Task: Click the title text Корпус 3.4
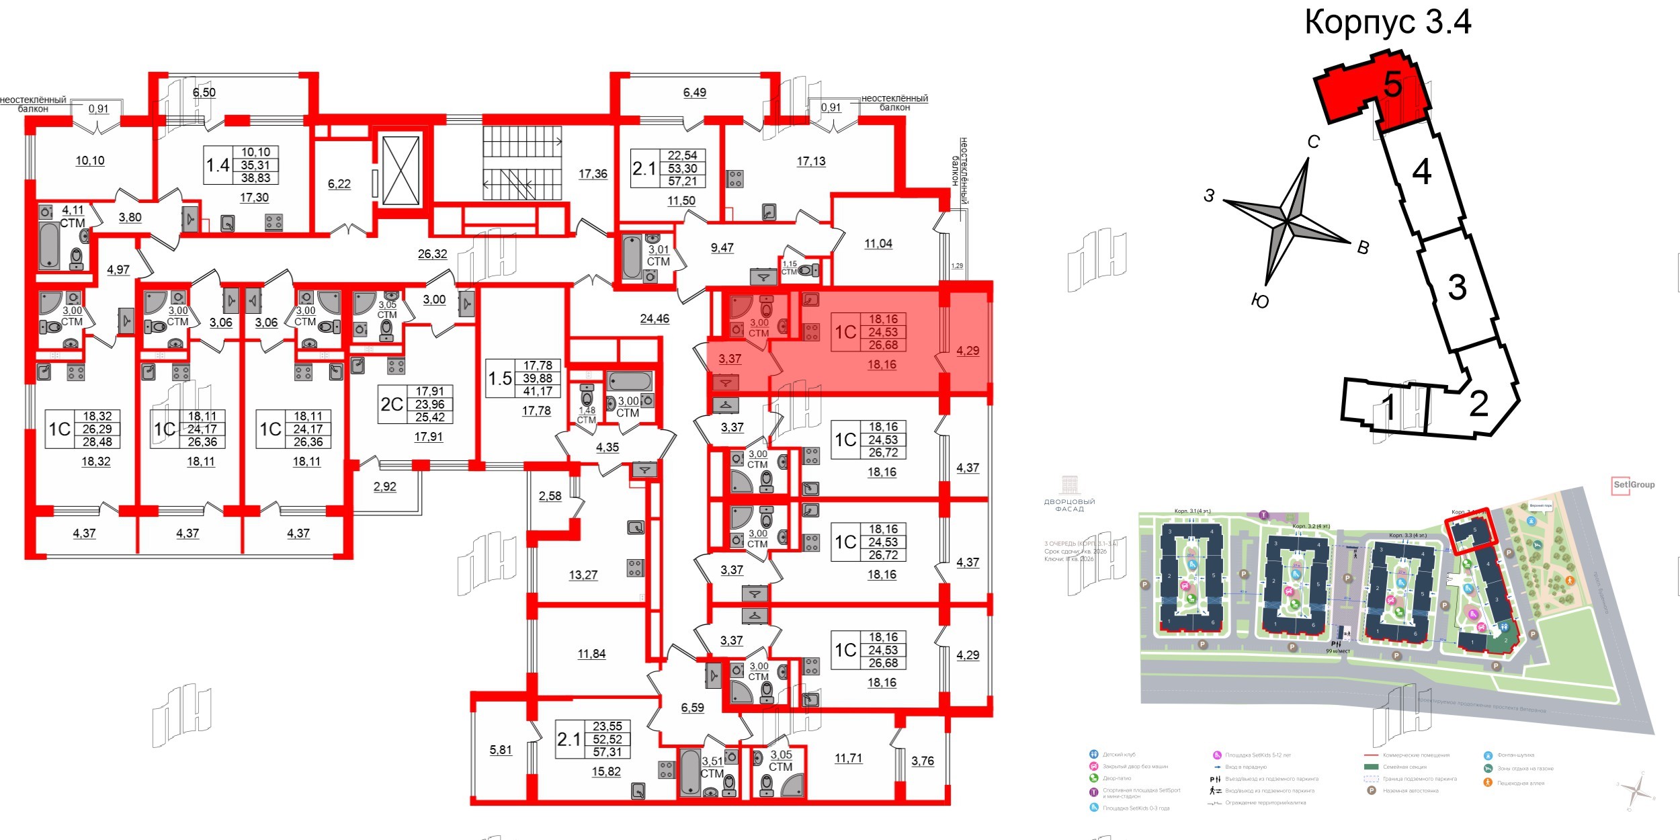coord(1387,22)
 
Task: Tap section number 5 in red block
coord(1393,85)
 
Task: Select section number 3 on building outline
coord(1456,287)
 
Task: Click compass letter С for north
coord(1313,142)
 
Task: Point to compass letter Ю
coord(1260,301)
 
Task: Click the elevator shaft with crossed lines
coord(401,171)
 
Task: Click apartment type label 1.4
coord(218,165)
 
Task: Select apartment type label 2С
coord(392,405)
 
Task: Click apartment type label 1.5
coord(500,378)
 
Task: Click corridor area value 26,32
coord(432,254)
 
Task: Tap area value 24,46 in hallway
coord(654,319)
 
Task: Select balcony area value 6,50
coord(204,93)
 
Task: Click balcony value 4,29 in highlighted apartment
coord(968,351)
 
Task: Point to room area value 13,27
coord(583,575)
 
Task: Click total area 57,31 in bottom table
coord(607,753)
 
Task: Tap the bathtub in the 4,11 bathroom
coord(49,245)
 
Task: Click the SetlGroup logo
coord(1634,485)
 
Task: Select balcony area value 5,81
coord(501,750)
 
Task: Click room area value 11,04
coord(878,244)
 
